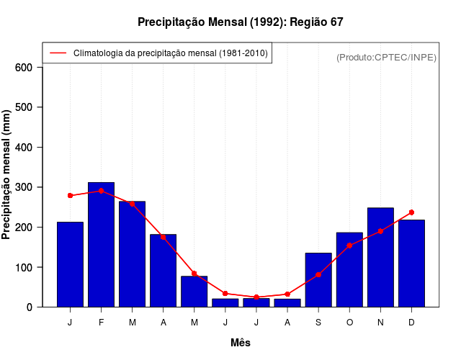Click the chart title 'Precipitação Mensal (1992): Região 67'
click(x=240, y=22)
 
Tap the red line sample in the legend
click(x=58, y=53)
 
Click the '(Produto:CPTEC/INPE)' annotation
click(x=386, y=58)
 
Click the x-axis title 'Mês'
click(x=241, y=343)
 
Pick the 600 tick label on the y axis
click(x=24, y=68)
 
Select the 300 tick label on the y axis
click(x=24, y=187)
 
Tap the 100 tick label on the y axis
click(x=24, y=267)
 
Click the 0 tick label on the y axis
click(x=30, y=307)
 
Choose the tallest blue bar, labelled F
click(x=101, y=245)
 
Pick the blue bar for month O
click(x=349, y=270)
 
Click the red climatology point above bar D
click(x=411, y=212)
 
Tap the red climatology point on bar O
click(x=349, y=246)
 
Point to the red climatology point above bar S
click(x=318, y=275)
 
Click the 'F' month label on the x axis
click(x=101, y=323)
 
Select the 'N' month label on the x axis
click(x=380, y=323)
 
